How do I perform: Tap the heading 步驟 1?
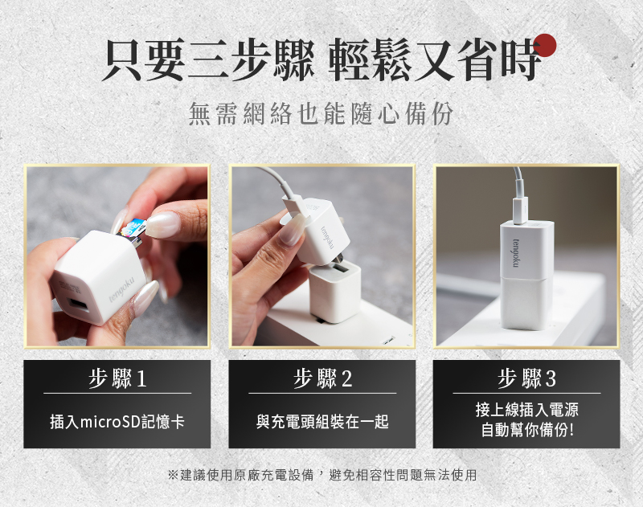click(117, 378)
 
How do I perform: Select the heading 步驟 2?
click(322, 378)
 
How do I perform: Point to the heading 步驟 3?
click(526, 378)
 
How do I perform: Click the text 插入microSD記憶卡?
click(117, 421)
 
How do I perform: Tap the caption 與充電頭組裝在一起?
click(322, 421)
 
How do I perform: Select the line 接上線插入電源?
click(527, 409)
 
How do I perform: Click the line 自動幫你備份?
click(527, 430)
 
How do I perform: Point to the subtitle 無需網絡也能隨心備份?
click(321, 113)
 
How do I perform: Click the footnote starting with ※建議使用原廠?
click(322, 475)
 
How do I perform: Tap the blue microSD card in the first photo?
click(133, 231)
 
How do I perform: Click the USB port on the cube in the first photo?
click(78, 308)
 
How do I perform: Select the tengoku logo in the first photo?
click(122, 291)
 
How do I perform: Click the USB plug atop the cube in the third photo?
click(520, 211)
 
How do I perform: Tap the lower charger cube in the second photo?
click(335, 291)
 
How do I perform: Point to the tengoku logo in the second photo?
click(328, 236)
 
